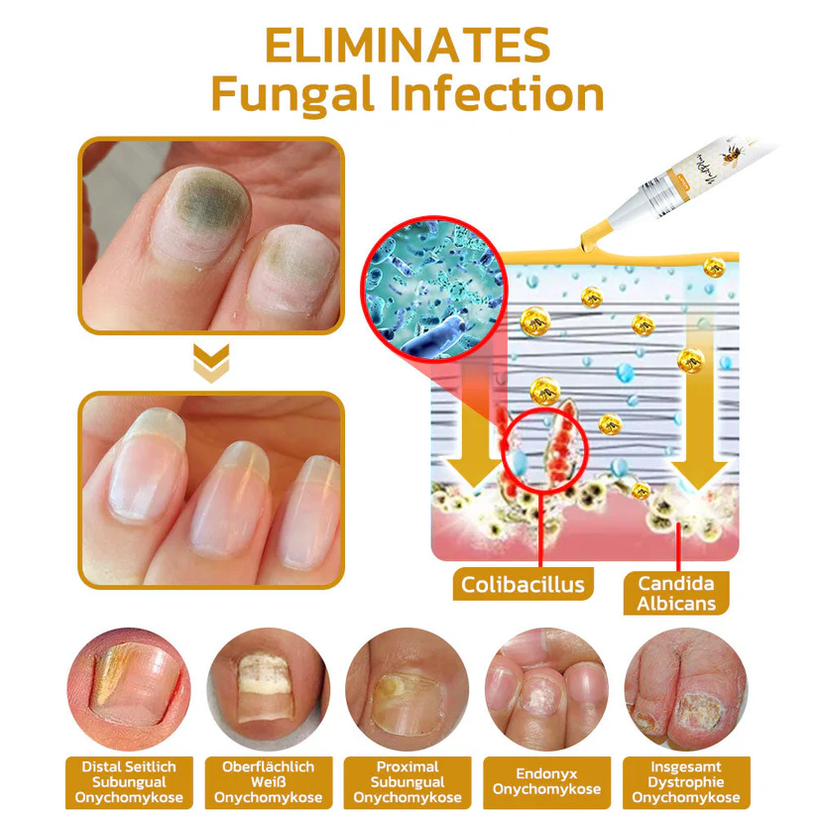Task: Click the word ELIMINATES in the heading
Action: point(408,46)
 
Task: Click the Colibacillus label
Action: point(523,584)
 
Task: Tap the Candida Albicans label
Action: point(677,593)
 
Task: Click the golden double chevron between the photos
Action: point(211,364)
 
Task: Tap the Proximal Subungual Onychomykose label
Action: point(407,782)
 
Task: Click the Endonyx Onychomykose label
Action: point(545,782)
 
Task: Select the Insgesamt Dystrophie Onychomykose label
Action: point(685,782)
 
